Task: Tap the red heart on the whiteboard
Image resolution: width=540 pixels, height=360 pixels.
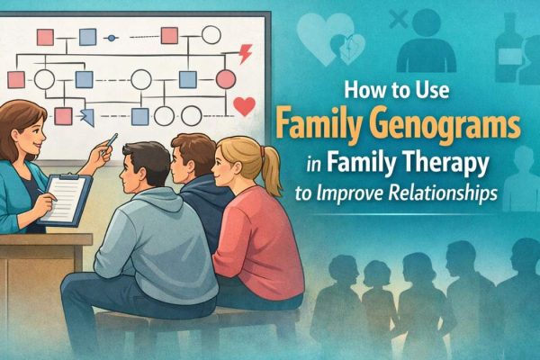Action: click(244, 106)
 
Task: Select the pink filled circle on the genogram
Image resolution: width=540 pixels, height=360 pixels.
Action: click(226, 79)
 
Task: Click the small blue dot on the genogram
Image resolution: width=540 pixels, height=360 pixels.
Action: click(111, 38)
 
